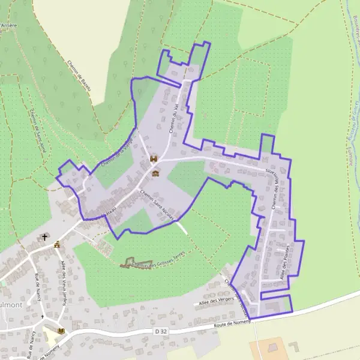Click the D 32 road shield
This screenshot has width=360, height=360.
159,331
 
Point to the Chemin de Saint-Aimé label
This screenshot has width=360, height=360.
37,128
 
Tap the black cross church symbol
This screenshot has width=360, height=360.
45,238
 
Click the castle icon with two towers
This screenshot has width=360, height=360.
154,160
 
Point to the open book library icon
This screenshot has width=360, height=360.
61,330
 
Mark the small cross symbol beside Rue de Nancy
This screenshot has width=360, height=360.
43,316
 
